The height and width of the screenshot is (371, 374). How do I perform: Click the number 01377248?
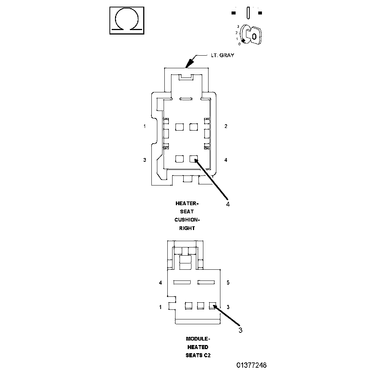tap(252, 365)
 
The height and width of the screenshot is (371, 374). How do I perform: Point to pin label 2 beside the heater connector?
tap(226, 126)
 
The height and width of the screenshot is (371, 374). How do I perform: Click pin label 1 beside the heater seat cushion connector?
tap(145, 126)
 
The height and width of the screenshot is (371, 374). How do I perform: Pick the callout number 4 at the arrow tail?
tap(228, 204)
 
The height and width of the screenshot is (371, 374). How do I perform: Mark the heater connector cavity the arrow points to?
tap(193, 159)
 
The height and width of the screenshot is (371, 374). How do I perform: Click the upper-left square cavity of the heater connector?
tap(180, 127)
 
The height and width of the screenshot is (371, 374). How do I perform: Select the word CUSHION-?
tap(187, 220)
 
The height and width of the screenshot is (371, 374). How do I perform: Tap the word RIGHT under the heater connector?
tap(187, 228)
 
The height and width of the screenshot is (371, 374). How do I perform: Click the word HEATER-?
tap(187, 203)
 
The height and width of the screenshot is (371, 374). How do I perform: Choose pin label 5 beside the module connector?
tap(228, 283)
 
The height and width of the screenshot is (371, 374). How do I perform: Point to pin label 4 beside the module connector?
tap(161, 283)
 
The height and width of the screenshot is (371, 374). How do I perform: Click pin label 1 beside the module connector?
tap(161, 307)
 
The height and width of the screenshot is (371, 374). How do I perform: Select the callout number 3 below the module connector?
tap(240, 330)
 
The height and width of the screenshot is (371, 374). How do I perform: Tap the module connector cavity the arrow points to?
tap(213, 306)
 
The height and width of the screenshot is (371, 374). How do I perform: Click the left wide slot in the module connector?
tap(182, 282)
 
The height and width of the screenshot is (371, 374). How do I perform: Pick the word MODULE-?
tap(198, 339)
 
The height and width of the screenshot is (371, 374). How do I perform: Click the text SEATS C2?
tap(198, 355)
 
